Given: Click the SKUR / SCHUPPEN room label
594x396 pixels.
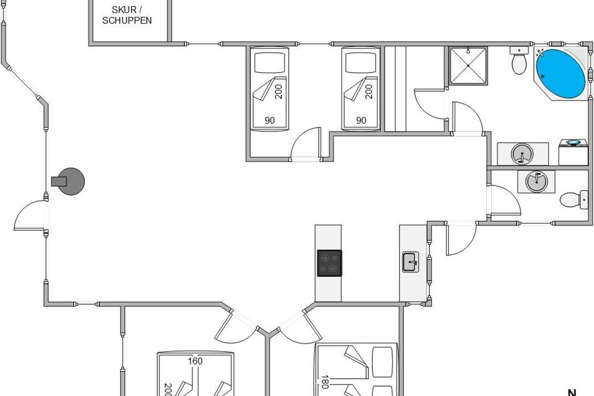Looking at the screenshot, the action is [127, 15].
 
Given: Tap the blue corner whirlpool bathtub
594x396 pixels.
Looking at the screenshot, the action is [560, 73].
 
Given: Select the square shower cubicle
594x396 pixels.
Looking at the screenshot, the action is [468, 66].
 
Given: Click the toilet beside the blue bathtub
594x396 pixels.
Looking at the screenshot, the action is [519, 60].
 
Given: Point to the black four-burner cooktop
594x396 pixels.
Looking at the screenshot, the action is [330, 263].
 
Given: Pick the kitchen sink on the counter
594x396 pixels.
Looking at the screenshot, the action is [410, 262].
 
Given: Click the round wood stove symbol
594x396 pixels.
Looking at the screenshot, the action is [68, 182].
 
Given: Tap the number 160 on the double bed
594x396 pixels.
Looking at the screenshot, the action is [195, 361].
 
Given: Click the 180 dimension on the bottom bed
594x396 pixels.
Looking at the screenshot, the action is [325, 382].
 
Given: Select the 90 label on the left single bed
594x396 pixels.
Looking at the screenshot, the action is [270, 120].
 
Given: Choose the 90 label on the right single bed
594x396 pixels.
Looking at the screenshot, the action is [361, 120].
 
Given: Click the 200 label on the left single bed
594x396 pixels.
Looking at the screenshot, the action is [278, 92].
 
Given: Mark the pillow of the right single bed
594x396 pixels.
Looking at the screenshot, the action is [361, 62].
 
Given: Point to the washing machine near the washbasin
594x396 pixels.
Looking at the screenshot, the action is [573, 152].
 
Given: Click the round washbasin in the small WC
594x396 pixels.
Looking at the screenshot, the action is [537, 182].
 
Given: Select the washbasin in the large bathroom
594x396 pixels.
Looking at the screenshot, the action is [522, 154].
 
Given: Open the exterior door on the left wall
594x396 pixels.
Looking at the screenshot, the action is [30, 215].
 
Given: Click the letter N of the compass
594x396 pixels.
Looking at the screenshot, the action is [572, 393].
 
